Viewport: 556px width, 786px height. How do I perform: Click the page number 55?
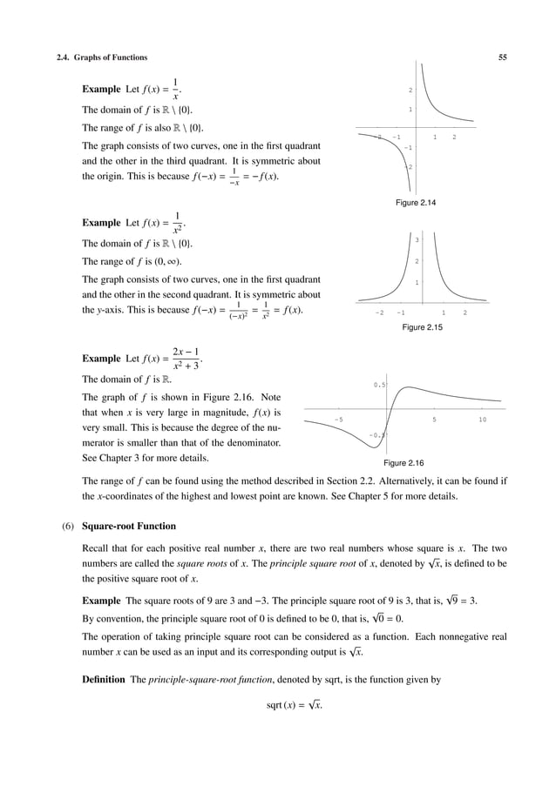tap(503, 57)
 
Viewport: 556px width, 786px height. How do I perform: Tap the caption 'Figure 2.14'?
tap(415, 203)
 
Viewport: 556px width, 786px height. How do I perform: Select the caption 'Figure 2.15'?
tap(422, 327)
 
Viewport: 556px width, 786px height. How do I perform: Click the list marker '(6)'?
tap(65, 526)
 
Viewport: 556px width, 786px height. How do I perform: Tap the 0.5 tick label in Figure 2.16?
tap(380, 384)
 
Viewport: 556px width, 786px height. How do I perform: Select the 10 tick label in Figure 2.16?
tap(482, 420)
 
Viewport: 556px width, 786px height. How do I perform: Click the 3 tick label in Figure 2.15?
tap(417, 240)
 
